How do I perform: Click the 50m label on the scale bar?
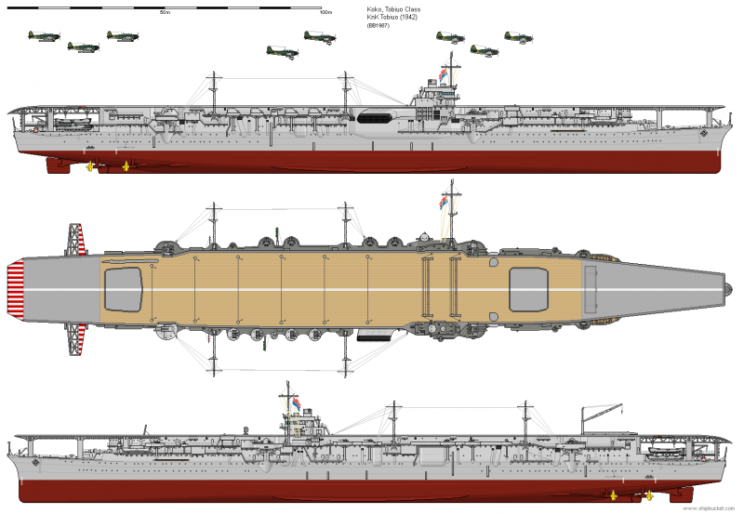(x=164, y=13)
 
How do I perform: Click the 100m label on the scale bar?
(x=325, y=13)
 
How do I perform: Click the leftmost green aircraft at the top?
(x=43, y=38)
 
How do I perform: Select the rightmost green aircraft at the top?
(x=518, y=37)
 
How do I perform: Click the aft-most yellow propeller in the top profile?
(x=90, y=167)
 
